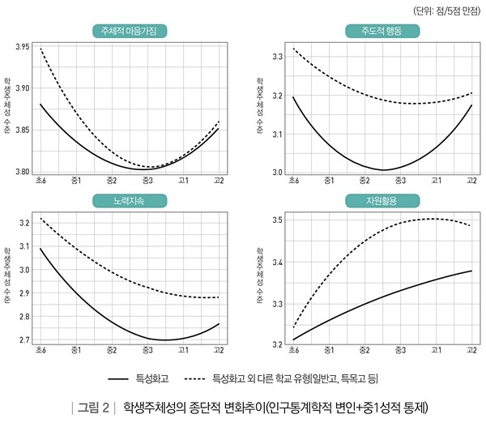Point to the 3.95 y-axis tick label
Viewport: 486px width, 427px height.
[x=23, y=48]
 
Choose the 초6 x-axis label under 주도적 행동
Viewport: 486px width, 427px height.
[x=292, y=181]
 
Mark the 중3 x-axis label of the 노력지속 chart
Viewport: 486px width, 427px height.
[x=147, y=351]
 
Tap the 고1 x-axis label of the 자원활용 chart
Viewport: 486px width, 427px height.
[x=437, y=351]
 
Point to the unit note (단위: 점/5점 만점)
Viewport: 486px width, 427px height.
[x=445, y=11]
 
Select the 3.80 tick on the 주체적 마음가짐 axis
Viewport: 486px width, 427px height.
[x=23, y=172]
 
